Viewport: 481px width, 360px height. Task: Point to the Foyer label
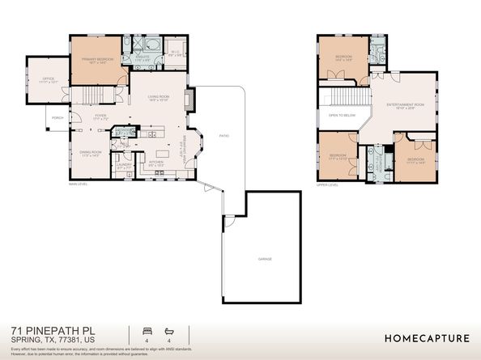coord(100,116)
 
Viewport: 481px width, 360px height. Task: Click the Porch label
coord(57,117)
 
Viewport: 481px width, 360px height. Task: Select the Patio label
coord(223,135)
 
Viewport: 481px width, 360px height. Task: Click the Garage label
coord(264,259)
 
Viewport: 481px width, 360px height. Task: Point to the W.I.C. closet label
coord(175,55)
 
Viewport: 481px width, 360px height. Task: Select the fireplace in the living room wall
coord(189,100)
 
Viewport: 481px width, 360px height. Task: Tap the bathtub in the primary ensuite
coord(151,45)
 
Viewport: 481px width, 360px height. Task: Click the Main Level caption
coord(78,184)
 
